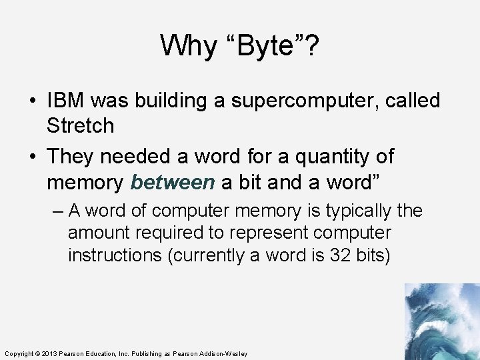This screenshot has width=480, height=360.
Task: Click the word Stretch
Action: coord(81,125)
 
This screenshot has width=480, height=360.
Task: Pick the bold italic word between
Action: coord(173,181)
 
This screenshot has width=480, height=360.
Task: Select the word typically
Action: coord(359,211)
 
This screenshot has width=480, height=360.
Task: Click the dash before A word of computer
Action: coord(57,211)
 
